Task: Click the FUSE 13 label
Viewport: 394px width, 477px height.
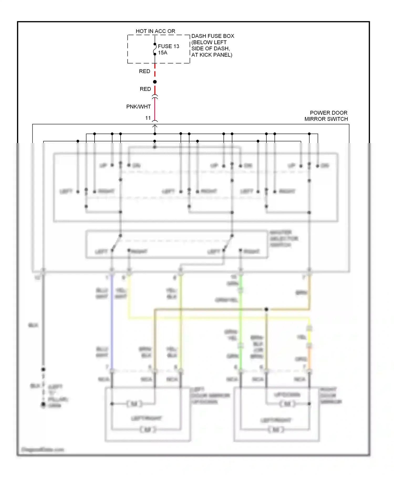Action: pos(168,46)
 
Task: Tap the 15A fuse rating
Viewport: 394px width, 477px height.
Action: pos(163,53)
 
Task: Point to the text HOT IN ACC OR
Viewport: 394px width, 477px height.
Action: pos(155,31)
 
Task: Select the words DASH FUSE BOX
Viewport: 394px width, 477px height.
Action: pos(212,36)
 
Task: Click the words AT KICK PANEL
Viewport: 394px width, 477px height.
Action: pos(212,55)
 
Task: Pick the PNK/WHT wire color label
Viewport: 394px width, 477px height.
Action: pos(138,106)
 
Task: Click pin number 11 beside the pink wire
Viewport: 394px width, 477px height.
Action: pos(148,118)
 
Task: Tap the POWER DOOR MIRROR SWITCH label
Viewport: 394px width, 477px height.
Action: pos(326,116)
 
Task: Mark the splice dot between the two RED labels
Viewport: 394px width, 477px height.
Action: pos(155,82)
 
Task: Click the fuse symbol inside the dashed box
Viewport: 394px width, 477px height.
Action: pos(155,49)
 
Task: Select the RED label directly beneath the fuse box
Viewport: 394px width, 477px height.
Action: pos(144,71)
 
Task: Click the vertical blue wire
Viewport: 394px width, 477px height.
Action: pos(112,321)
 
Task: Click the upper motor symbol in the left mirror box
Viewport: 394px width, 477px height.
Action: pos(134,403)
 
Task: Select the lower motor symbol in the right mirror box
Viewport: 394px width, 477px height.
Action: pos(276,430)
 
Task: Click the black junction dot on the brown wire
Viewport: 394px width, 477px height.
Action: pos(266,309)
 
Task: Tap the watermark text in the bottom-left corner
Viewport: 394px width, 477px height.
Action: pos(43,450)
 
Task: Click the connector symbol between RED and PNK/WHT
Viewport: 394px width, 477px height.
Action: pos(155,97)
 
